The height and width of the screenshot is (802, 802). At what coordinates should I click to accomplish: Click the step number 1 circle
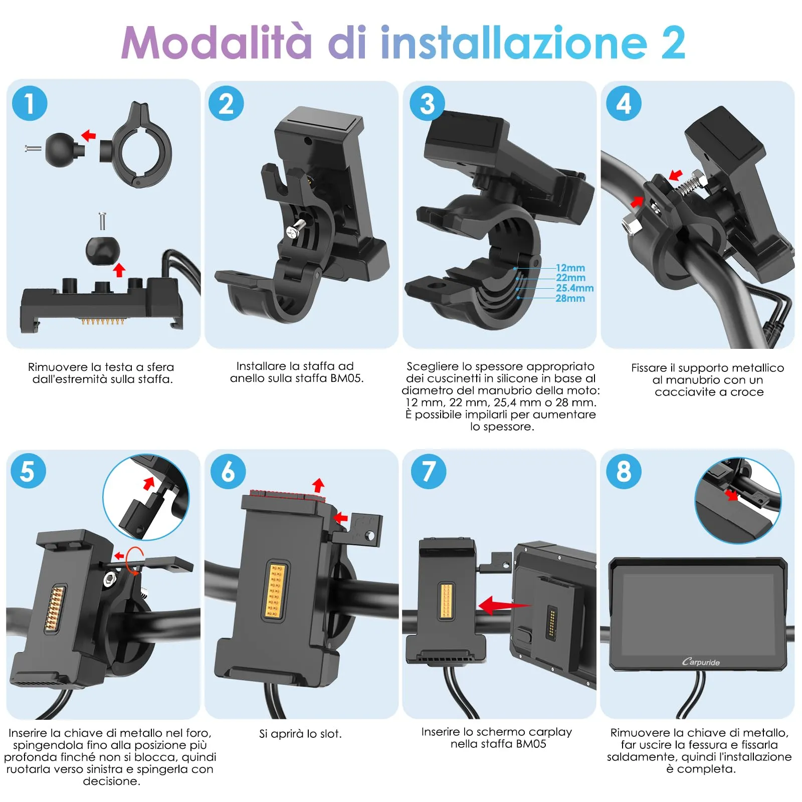pos(30,103)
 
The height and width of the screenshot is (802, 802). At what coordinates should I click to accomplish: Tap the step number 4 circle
pos(624,103)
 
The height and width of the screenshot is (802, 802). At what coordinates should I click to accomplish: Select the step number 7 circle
pos(428,471)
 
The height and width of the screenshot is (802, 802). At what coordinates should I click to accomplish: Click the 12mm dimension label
pos(570,268)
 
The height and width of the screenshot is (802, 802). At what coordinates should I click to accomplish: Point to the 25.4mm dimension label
pos(574,288)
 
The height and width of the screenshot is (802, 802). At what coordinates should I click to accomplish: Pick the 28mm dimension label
pos(570,299)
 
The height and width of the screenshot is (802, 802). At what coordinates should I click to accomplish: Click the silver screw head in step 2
pos(293,231)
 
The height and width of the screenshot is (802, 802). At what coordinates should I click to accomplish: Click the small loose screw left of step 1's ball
pos(33,148)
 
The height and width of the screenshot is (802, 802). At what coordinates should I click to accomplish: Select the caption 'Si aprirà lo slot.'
pos(300,734)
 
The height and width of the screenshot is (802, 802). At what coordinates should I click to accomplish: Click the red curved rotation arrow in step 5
pos(134,560)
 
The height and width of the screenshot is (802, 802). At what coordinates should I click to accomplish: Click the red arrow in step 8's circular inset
pos(732,495)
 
